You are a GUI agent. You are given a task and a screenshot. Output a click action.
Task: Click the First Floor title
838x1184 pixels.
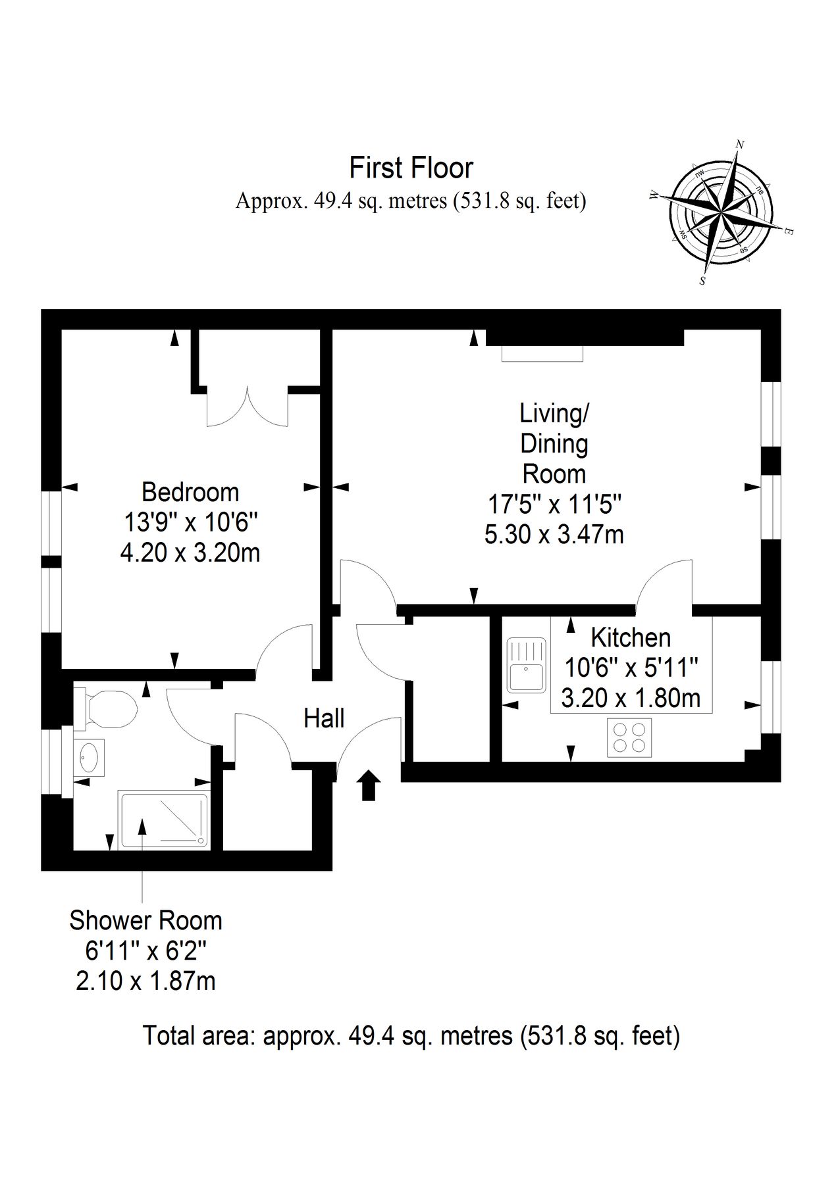[411, 168]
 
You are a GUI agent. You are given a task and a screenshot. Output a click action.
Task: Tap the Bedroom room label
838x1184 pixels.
[190, 492]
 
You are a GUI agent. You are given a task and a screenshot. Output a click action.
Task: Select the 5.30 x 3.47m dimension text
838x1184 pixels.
[554, 534]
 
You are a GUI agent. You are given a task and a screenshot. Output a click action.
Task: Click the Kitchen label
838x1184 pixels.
[631, 637]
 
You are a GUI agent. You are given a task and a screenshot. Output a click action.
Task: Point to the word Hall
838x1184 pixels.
[324, 718]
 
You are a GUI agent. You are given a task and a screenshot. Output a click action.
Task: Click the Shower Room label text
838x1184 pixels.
[145, 920]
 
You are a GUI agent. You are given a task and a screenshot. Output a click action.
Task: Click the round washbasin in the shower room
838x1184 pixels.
[90, 757]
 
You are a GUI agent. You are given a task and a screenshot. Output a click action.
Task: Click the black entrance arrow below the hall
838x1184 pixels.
[369, 785]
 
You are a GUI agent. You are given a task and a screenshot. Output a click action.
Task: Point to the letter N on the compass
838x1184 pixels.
[739, 145]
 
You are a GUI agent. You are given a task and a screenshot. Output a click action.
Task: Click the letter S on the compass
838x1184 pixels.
[703, 281]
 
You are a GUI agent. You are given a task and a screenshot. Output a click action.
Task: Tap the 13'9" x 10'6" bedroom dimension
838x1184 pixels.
[190, 522]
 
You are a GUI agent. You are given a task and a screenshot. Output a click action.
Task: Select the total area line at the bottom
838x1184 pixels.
[411, 1036]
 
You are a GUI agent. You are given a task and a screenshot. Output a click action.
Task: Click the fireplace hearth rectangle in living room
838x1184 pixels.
[542, 353]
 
